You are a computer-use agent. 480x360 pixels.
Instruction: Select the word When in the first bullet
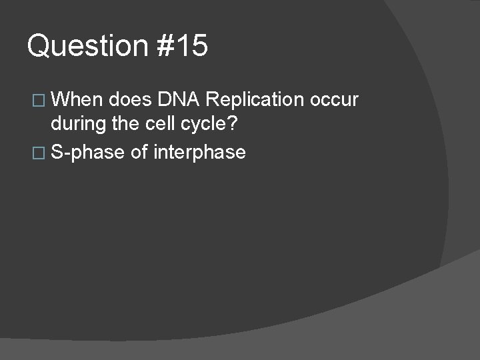click(77, 100)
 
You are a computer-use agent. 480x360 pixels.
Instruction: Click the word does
click(131, 100)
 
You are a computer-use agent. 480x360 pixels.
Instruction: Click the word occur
click(334, 100)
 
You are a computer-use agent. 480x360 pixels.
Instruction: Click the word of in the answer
click(139, 153)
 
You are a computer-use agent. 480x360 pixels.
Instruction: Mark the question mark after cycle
click(234, 126)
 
